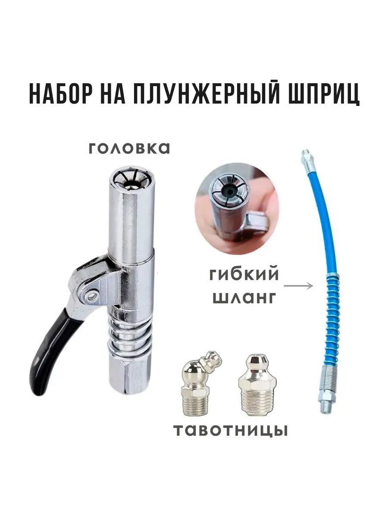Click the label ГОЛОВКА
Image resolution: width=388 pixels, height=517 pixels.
pos(129,149)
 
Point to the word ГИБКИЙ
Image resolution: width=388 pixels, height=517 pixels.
pos(244,274)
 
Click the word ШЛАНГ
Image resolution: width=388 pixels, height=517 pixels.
pos(244,297)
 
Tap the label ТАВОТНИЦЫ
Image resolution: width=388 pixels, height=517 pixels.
pos(230,430)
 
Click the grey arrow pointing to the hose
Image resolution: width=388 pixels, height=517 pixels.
pos(298,285)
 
